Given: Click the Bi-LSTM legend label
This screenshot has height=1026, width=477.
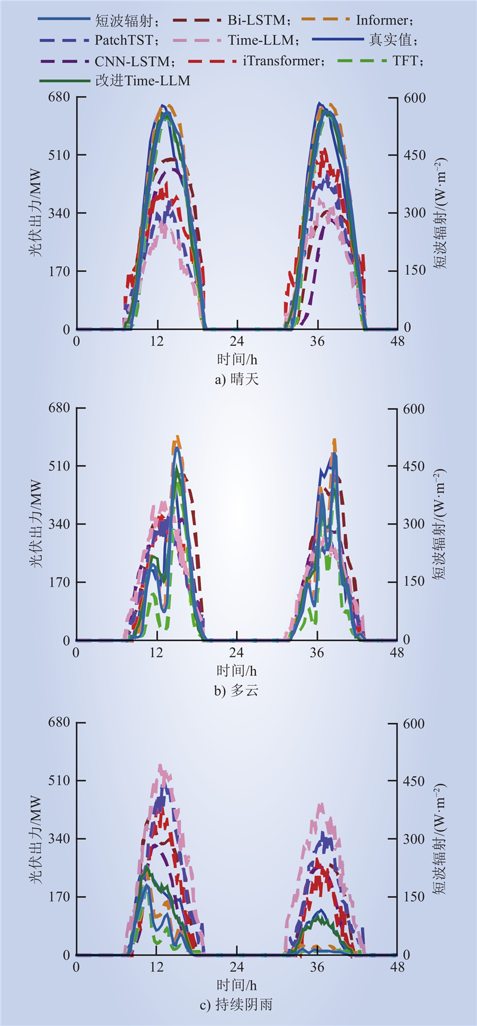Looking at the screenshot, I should click(257, 20).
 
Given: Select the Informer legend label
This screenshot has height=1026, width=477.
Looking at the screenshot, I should click(384, 20).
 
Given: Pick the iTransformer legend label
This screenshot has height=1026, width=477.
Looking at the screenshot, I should click(283, 61).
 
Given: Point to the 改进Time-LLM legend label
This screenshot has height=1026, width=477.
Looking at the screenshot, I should click(143, 81).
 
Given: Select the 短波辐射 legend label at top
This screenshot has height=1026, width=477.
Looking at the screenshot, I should click(126, 20).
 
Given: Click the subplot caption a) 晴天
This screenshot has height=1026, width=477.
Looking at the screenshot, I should click(237, 379).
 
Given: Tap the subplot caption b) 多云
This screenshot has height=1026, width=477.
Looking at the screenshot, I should click(237, 691).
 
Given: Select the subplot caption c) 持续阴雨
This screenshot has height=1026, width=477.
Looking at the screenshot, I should click(237, 1005).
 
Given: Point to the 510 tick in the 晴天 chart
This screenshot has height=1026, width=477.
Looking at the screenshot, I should click(59, 155).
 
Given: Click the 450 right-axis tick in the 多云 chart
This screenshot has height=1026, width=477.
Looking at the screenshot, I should click(414, 466).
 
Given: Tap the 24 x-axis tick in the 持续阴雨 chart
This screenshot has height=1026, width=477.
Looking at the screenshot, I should click(237, 966).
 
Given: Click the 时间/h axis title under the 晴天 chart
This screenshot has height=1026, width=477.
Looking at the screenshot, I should click(237, 359).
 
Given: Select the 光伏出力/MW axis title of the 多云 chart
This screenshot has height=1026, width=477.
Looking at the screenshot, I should click(36, 524).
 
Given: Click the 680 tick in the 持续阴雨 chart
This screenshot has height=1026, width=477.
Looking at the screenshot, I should click(59, 722).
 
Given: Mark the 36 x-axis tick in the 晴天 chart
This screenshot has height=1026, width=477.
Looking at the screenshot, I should click(317, 341).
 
